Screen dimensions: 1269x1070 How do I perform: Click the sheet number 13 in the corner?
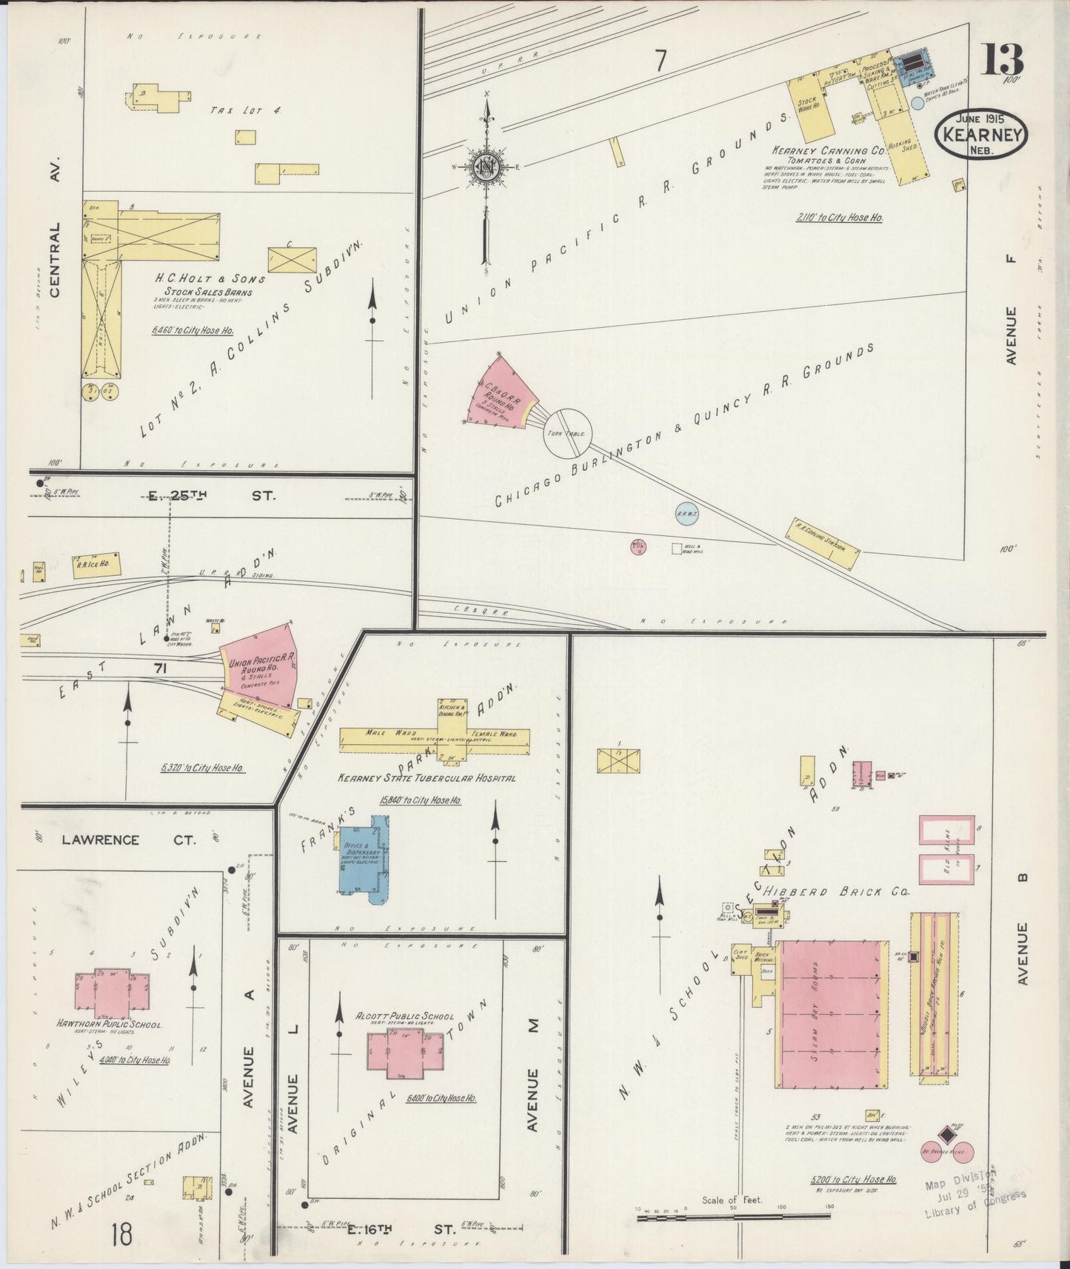[1003, 59]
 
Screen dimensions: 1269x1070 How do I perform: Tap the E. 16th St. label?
[401, 1230]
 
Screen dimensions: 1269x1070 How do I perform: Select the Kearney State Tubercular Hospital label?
[426, 778]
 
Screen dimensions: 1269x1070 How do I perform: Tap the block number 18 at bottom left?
[121, 1234]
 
